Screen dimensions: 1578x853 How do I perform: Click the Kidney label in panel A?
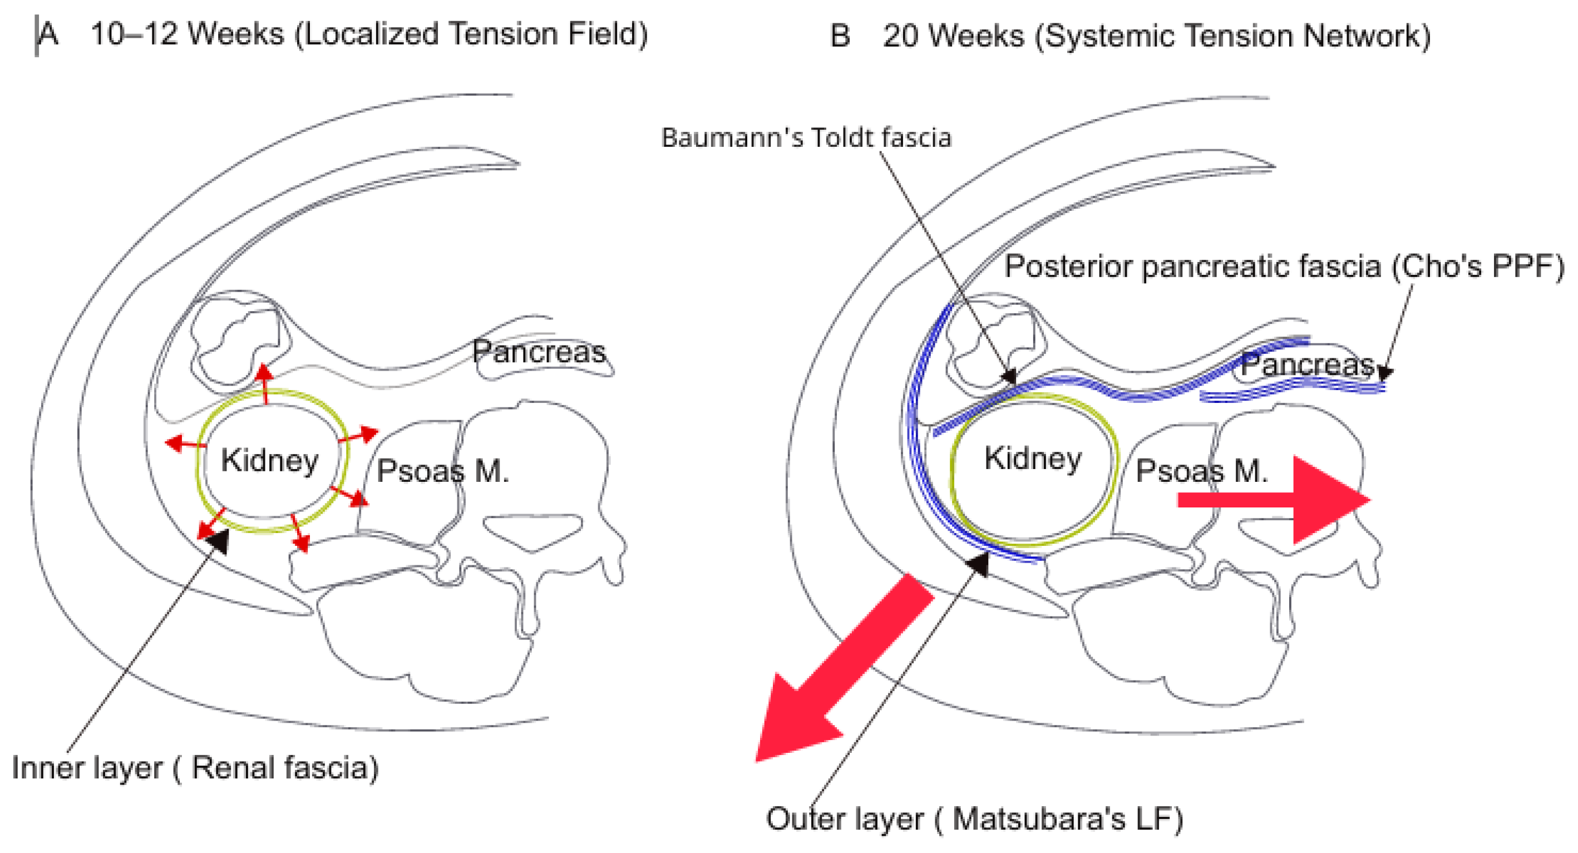[269, 460]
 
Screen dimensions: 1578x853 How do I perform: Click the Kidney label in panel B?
[1033, 458]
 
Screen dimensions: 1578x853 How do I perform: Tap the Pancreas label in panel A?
[539, 352]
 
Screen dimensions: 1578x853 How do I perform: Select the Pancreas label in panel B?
[1307, 365]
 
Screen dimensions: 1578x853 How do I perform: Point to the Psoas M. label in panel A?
[442, 471]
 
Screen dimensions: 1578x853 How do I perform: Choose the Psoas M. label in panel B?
[1201, 471]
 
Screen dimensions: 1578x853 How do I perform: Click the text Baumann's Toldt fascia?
[806, 137]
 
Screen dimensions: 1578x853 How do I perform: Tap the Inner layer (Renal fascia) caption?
[195, 768]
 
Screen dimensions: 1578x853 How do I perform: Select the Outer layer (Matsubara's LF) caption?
[974, 819]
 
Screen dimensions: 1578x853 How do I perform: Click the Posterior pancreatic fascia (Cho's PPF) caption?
[1285, 267]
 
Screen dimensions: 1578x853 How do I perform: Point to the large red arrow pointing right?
[1274, 500]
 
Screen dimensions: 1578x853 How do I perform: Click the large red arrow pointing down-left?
[844, 668]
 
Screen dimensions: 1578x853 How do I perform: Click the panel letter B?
[840, 36]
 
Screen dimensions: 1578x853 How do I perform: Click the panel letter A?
[48, 34]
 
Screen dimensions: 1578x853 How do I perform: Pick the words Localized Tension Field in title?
[471, 34]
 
